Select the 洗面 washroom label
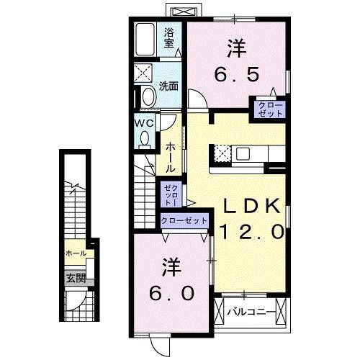169,85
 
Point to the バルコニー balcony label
250,312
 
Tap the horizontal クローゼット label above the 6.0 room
184,220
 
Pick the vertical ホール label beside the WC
170,155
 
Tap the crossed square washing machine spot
143,73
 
